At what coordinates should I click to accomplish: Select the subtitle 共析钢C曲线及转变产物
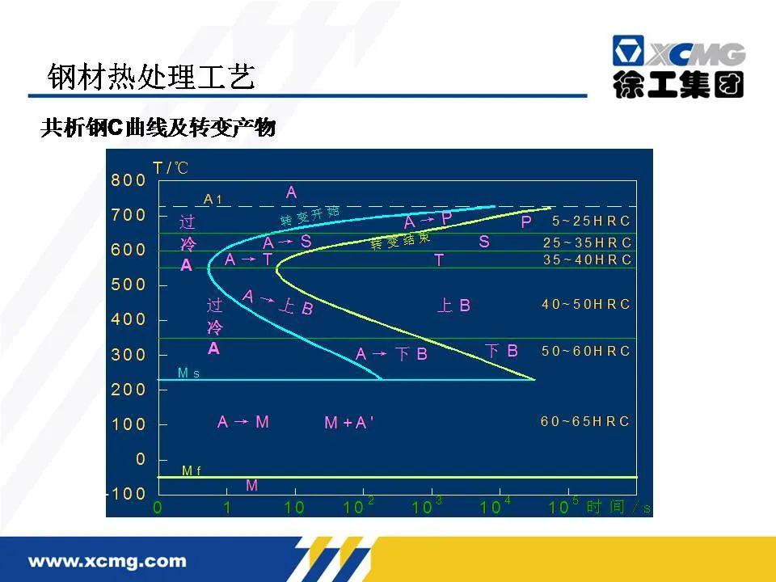[x=158, y=129]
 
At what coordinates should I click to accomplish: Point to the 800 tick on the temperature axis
[x=129, y=180]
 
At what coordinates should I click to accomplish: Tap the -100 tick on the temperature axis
[x=127, y=493]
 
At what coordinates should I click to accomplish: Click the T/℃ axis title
[x=170, y=168]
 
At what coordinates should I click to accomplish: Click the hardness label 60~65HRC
[x=585, y=421]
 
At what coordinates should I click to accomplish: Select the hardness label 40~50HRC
[x=585, y=305]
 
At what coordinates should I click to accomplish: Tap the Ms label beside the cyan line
[x=188, y=373]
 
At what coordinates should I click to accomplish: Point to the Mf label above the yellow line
[x=192, y=470]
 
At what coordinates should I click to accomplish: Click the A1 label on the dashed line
[x=213, y=199]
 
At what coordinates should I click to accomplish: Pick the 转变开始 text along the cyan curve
[x=310, y=216]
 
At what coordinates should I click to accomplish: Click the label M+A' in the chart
[x=348, y=423]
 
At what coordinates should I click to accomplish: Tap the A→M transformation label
[x=242, y=422]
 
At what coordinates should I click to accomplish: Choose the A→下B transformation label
[x=391, y=354]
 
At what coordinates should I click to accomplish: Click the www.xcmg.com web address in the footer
[x=108, y=560]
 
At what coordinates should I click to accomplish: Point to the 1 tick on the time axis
[x=227, y=508]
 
